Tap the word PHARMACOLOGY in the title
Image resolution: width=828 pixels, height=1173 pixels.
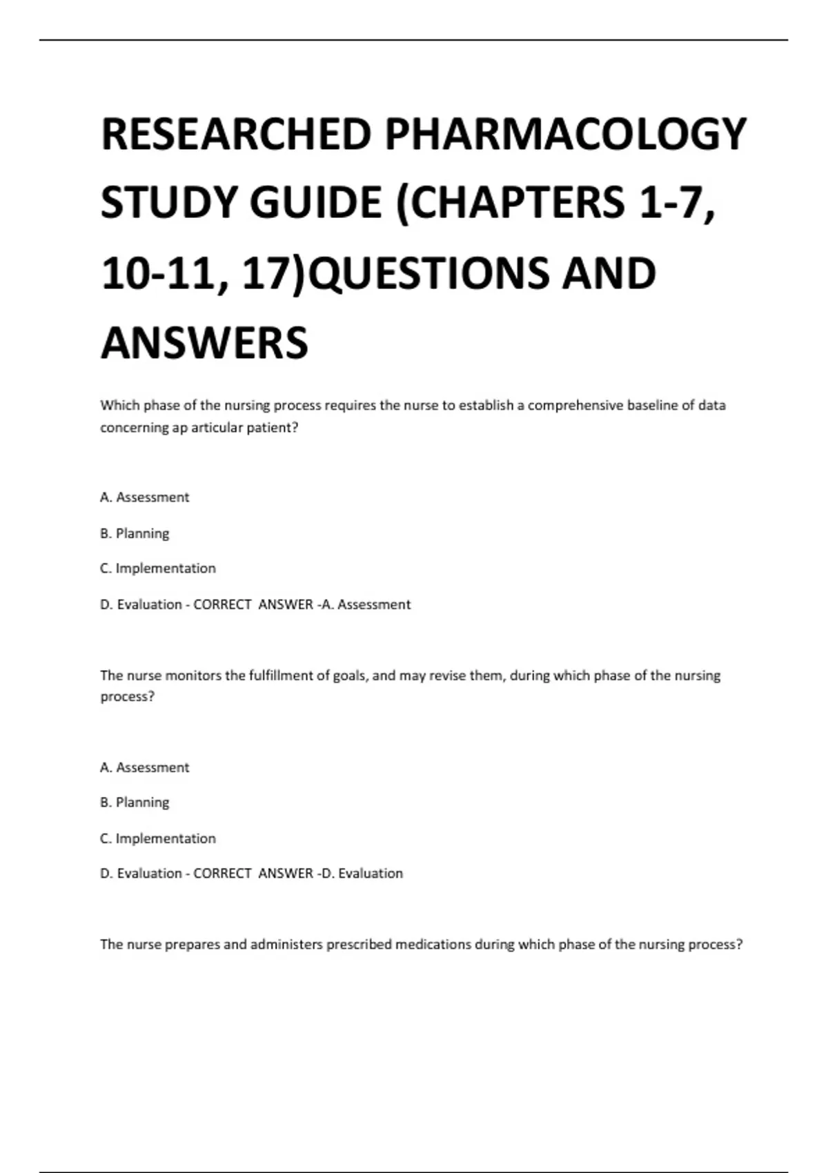click(x=565, y=134)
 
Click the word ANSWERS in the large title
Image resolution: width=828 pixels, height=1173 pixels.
click(x=204, y=343)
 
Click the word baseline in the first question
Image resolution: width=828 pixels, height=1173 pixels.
click(x=652, y=405)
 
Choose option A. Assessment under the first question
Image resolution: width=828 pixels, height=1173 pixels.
click(x=144, y=497)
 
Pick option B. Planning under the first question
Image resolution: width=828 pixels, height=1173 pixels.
click(x=135, y=533)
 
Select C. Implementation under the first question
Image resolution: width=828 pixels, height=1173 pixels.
click(x=158, y=569)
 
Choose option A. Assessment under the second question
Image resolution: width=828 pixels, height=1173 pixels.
click(x=144, y=767)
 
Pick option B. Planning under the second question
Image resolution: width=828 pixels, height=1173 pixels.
click(x=135, y=802)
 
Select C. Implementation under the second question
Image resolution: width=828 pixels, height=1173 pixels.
click(x=158, y=838)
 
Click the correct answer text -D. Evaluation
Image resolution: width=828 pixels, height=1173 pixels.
click(x=362, y=874)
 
